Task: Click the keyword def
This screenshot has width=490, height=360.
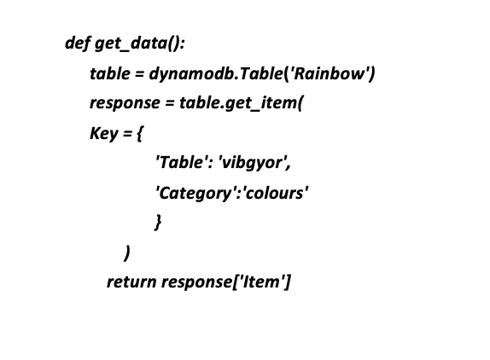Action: click(78, 43)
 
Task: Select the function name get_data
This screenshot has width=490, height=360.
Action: click(131, 44)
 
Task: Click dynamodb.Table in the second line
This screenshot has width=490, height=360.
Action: click(216, 73)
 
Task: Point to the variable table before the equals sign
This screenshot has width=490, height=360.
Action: click(109, 73)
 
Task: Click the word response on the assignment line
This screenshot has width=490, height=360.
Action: click(125, 103)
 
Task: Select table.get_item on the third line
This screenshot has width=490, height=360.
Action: click(237, 103)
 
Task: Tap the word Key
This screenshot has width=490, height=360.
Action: click(104, 133)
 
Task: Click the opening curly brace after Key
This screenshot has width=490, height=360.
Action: click(140, 134)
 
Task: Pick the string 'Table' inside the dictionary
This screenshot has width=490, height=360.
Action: click(183, 162)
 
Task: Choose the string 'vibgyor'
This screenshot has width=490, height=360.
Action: click(253, 163)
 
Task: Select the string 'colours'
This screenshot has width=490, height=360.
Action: click(275, 193)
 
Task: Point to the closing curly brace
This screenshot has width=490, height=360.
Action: click(158, 222)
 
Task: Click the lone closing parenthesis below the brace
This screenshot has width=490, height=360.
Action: click(126, 253)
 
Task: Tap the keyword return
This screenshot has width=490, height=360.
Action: click(131, 282)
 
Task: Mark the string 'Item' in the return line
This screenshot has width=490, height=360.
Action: click(262, 282)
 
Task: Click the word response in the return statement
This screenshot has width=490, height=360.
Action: click(197, 282)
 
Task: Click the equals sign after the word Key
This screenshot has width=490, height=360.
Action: click(127, 134)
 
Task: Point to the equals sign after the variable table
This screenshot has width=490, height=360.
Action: click(139, 74)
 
